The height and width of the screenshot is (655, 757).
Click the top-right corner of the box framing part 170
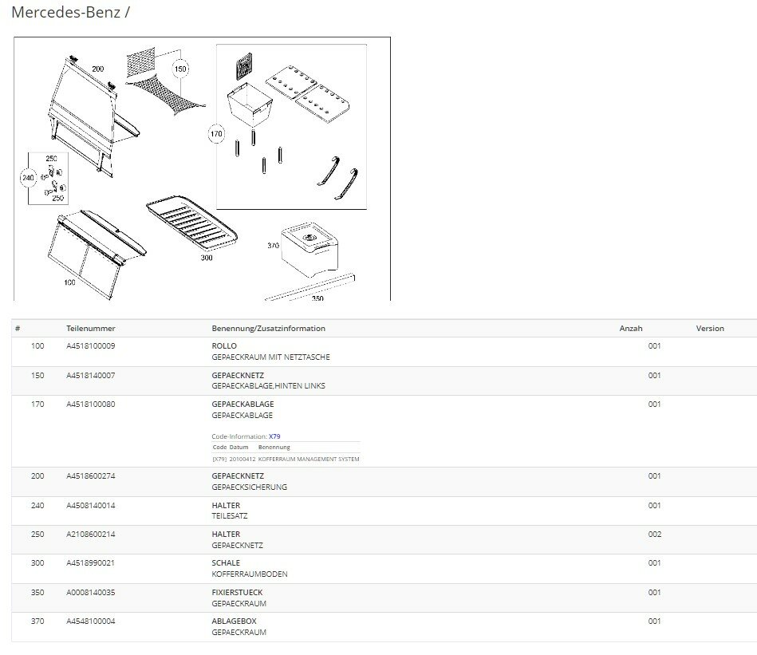[366, 45]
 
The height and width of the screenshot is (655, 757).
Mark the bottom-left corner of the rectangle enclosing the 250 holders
[29, 205]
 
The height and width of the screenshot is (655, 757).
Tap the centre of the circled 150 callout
[180, 69]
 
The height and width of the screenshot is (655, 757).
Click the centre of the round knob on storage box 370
[309, 238]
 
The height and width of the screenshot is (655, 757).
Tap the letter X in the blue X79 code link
[271, 436]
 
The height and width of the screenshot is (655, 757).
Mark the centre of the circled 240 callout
[29, 178]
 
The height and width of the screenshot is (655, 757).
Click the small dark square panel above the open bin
[244, 65]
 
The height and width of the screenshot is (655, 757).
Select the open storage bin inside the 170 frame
[250, 105]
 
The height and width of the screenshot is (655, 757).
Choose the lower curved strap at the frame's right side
[347, 184]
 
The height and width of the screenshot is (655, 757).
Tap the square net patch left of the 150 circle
[141, 61]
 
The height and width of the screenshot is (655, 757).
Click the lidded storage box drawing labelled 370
[310, 249]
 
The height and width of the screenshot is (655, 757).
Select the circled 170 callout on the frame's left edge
[216, 134]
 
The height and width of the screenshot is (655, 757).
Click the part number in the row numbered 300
[91, 562]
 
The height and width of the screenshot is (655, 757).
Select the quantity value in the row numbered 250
[655, 535]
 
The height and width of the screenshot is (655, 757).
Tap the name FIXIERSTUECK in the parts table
[237, 592]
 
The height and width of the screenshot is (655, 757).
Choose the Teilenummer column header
[91, 328]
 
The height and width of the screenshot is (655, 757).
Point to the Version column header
[710, 328]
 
